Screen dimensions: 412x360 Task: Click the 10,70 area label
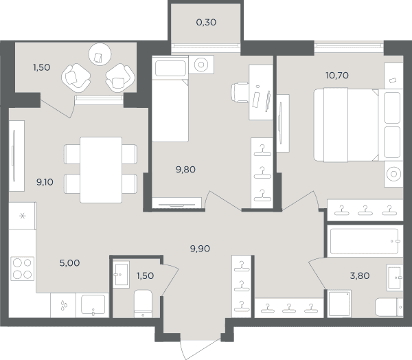click(337, 76)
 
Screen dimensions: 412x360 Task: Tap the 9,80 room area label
click(185, 170)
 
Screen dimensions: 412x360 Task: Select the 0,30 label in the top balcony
click(206, 23)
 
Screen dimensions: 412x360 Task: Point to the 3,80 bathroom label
click(360, 275)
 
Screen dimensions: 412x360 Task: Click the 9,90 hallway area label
click(200, 249)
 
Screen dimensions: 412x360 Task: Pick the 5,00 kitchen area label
click(69, 263)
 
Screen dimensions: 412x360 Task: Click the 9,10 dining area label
click(45, 181)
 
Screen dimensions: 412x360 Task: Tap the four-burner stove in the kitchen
click(23, 269)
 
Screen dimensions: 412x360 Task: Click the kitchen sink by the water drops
click(93, 305)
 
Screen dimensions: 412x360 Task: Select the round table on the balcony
click(100, 54)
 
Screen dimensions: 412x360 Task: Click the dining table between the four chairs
click(101, 170)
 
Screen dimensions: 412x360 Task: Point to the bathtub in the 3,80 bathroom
click(365, 241)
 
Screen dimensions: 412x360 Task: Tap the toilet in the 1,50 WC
click(143, 304)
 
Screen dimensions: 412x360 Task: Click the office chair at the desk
click(240, 92)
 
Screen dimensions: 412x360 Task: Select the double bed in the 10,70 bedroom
click(358, 124)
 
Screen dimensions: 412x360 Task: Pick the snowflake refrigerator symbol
click(23, 216)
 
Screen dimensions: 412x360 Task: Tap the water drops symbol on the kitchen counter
click(64, 305)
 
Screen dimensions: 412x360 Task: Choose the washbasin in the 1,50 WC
click(121, 275)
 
